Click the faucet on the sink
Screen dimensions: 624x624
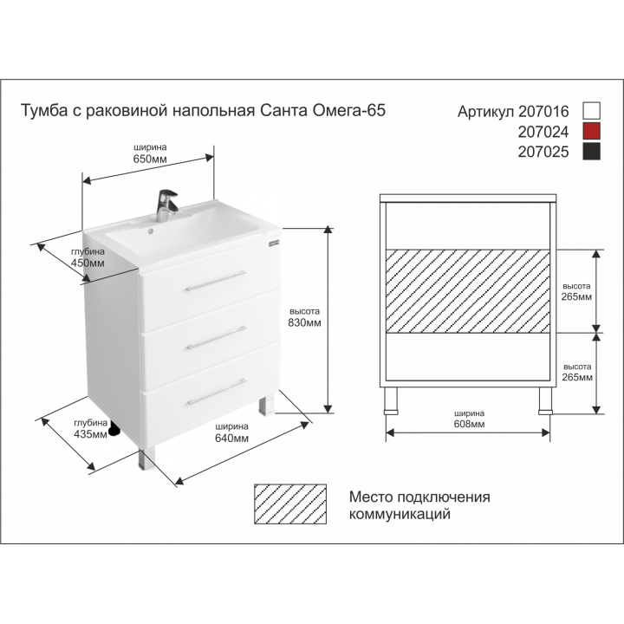coord(166,205)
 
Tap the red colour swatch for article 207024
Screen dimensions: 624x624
coord(591,131)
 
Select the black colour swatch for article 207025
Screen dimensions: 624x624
coord(591,152)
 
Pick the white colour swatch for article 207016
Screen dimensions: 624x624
coord(591,110)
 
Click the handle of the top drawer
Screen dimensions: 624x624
coord(216,281)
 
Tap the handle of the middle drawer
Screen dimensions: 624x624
coord(217,337)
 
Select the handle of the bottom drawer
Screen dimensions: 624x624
coord(217,392)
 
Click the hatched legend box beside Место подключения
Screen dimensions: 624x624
coord(290,504)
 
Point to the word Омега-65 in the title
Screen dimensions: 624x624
coord(349,110)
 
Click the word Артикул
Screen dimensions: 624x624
coord(485,112)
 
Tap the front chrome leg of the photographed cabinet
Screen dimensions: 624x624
coord(146,458)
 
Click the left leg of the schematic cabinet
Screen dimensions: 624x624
coord(391,400)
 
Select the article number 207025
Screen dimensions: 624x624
coord(543,152)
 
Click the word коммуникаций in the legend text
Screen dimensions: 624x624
coord(400,514)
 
